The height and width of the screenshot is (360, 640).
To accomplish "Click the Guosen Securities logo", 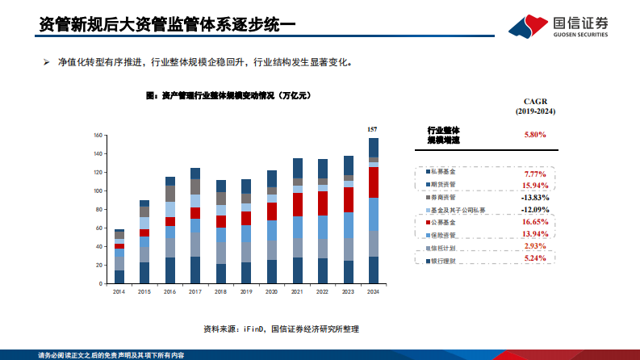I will [x=560, y=25].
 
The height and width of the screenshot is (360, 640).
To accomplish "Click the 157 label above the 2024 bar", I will [x=372, y=129].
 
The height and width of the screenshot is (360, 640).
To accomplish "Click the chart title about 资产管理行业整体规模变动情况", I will [x=228, y=95].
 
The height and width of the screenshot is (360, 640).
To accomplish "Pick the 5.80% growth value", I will [x=536, y=135].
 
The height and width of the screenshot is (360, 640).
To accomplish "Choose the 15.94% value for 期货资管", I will [x=535, y=185].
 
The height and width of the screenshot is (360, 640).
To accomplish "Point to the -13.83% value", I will [x=535, y=197].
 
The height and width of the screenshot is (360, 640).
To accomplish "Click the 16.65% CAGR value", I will [x=535, y=221].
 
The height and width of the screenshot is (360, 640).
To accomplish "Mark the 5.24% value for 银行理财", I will [x=535, y=258].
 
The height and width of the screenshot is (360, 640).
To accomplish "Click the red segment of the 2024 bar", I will [x=373, y=182].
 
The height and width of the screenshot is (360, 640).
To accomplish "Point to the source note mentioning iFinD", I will [x=280, y=329].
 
